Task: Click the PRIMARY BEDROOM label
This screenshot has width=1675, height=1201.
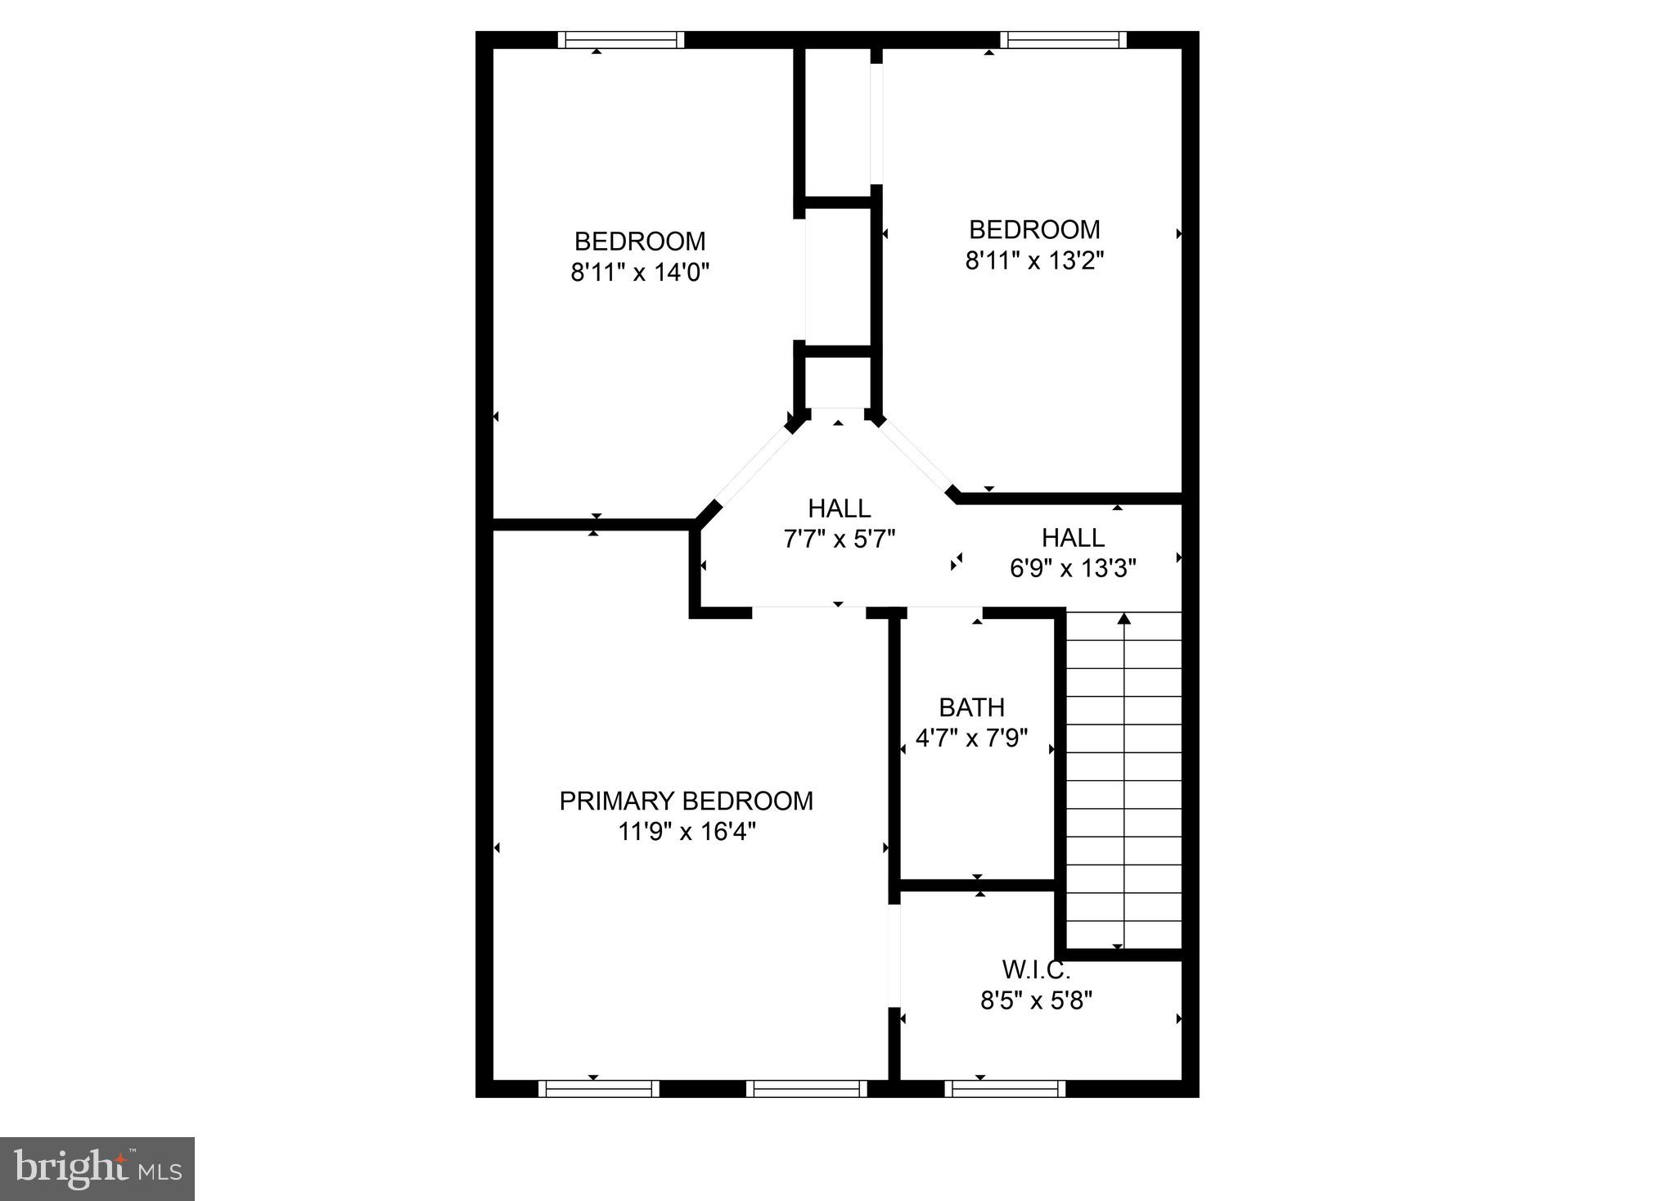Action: click(x=686, y=801)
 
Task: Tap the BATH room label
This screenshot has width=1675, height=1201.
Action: click(x=971, y=707)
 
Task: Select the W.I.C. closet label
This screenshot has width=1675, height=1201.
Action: click(x=1036, y=970)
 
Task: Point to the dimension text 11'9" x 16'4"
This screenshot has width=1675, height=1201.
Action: click(x=686, y=832)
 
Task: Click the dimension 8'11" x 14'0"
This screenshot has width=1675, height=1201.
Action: click(x=639, y=272)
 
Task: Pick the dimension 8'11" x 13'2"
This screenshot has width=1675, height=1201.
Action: click(x=1034, y=260)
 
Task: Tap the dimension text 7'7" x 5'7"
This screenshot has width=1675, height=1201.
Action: click(x=839, y=539)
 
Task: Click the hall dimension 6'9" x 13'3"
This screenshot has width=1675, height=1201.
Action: click(x=1073, y=568)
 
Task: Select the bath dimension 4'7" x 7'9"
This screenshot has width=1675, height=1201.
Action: click(x=971, y=738)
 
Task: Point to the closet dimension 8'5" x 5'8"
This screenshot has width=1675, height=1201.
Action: click(x=1036, y=1000)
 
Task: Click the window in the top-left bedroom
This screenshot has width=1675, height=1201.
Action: click(x=621, y=40)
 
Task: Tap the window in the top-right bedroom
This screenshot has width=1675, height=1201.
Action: click(x=1063, y=40)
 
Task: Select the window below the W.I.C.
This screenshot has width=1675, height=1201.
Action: click(x=1005, y=1088)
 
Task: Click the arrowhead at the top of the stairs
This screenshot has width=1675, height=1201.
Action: click(x=1123, y=618)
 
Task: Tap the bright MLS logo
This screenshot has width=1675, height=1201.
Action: click(x=97, y=1168)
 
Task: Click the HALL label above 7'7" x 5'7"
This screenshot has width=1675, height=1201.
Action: click(x=839, y=508)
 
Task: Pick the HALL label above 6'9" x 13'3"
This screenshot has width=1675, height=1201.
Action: click(x=1073, y=538)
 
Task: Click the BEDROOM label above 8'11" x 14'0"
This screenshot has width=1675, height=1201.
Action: click(x=639, y=242)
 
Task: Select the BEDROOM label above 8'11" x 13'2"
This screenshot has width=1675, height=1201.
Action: click(x=1034, y=229)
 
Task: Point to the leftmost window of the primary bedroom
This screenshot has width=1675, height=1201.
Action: click(x=599, y=1088)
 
